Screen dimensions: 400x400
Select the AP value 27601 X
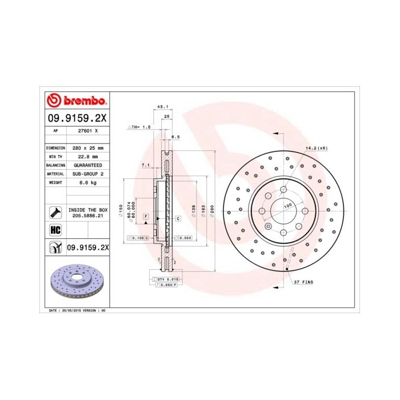87,131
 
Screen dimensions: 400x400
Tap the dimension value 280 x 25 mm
87,147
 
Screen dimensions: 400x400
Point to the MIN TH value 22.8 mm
87,156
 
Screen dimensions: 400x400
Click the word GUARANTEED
87,165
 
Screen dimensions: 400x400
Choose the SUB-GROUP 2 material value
87,173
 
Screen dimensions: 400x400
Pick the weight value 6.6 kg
87,182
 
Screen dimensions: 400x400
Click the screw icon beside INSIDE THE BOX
55,213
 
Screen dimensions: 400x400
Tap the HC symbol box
55,230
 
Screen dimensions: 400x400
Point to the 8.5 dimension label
175,138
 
